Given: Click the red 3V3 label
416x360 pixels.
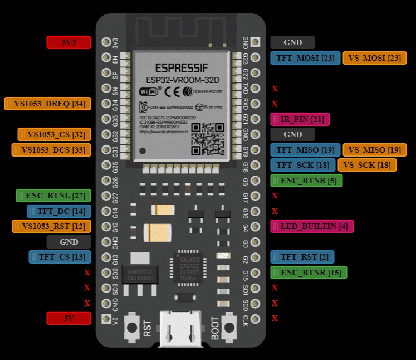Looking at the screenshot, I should tap(68, 42).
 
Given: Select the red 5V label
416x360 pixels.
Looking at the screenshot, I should tap(68, 318).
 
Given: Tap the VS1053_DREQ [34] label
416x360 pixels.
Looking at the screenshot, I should tap(47, 104).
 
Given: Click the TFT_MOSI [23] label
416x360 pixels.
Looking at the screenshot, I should tap(305, 58).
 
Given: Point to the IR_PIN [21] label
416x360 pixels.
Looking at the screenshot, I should tap(300, 119).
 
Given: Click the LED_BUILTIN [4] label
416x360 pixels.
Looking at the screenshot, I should tap(312, 226).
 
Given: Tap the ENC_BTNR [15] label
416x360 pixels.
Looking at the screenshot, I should tap(309, 273).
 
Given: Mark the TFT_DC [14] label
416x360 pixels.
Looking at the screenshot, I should tap(59, 211).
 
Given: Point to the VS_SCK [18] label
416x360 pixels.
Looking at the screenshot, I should tap(367, 165).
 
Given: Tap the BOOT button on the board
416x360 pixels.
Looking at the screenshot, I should tap(229, 327).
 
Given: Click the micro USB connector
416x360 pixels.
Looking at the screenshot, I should tap(180, 329).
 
